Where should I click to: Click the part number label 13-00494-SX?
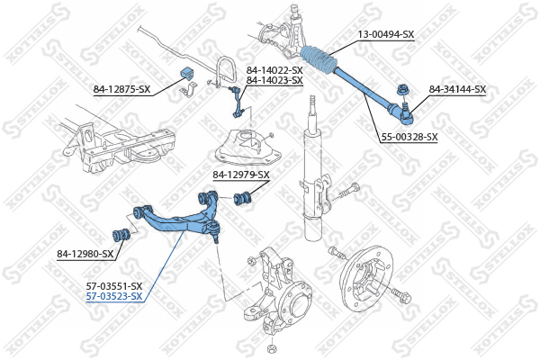[x=385, y=34]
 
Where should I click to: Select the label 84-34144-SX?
[x=457, y=89]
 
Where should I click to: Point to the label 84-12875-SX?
[x=122, y=89]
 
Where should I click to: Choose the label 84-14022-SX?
[x=274, y=70]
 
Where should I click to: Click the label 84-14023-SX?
[x=274, y=80]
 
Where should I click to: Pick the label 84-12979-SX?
[x=240, y=175]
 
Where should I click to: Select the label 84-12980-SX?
[x=85, y=254]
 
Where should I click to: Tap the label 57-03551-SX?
[x=113, y=285]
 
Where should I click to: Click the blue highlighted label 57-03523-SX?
[x=113, y=296]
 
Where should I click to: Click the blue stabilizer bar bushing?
[x=188, y=74]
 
